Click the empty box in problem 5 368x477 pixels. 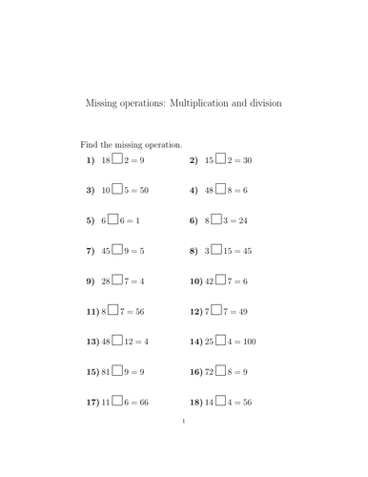[x=113, y=219]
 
